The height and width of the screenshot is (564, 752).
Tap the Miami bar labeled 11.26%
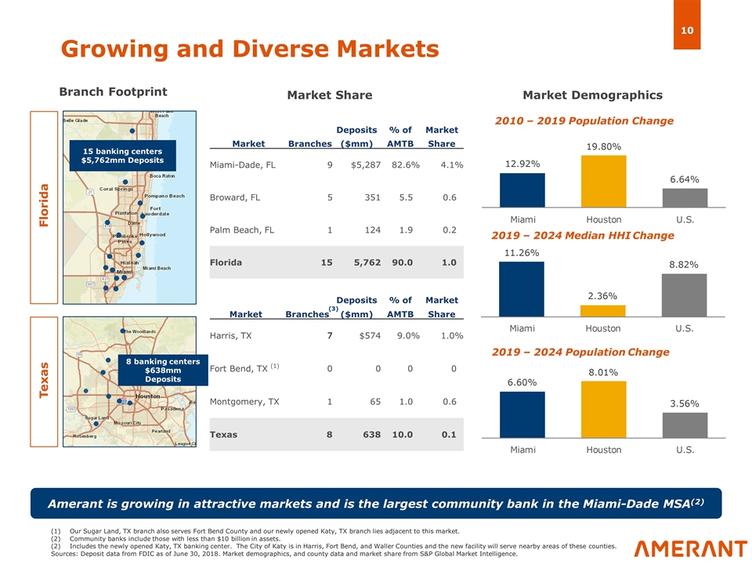pyautogui.click(x=522, y=288)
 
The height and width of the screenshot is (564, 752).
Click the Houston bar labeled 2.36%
pyautogui.click(x=603, y=310)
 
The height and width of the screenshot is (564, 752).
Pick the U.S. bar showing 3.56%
pyautogui.click(x=684, y=425)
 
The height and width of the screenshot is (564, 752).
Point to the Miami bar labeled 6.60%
pyautogui.click(x=522, y=414)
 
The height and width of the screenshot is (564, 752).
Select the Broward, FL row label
pyautogui.click(x=235, y=197)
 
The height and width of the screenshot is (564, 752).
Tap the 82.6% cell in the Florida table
pyautogui.click(x=405, y=164)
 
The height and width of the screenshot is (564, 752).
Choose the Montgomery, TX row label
pyautogui.click(x=244, y=402)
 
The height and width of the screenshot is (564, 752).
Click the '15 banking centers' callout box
pyautogui.click(x=122, y=156)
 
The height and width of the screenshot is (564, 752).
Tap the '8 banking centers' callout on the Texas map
pyautogui.click(x=163, y=370)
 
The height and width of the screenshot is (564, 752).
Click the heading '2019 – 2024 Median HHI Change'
pyautogui.click(x=582, y=235)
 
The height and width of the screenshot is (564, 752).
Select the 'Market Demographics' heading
pyautogui.click(x=592, y=95)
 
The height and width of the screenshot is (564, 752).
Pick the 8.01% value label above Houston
pyautogui.click(x=603, y=372)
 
